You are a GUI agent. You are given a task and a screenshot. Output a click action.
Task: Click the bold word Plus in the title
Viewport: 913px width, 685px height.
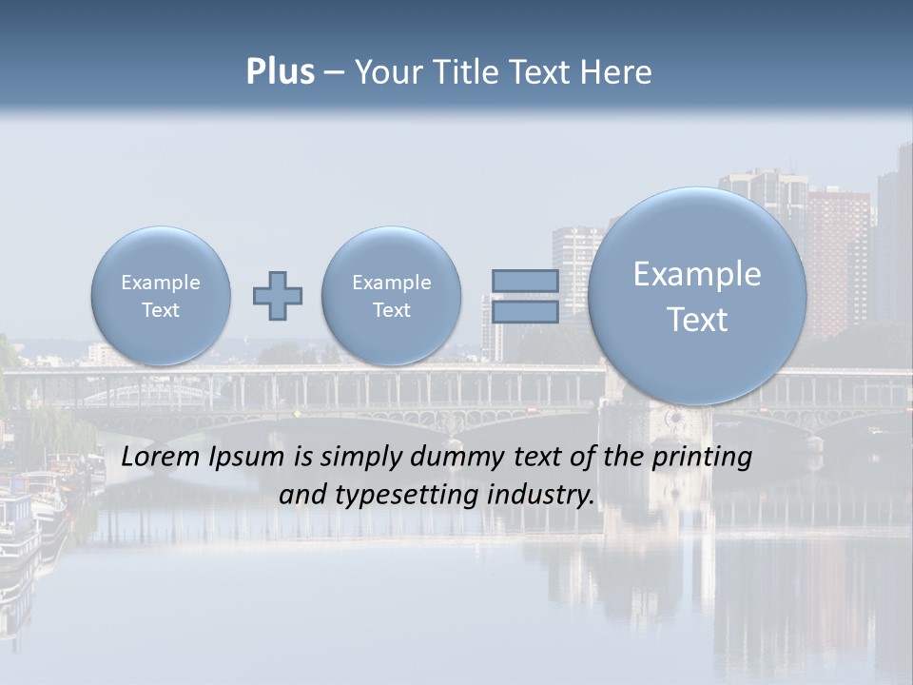pos(280,72)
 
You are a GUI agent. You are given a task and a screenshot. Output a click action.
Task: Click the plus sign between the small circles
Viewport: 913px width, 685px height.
pos(278,296)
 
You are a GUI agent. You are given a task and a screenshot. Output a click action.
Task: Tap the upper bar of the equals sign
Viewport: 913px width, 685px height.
pos(525,281)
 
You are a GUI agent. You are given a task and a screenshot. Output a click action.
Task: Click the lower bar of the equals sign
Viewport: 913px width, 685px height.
pos(525,312)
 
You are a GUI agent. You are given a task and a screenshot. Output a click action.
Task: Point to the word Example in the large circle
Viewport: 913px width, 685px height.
pos(697,274)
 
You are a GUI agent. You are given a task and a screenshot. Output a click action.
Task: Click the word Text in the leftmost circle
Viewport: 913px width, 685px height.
pos(161,310)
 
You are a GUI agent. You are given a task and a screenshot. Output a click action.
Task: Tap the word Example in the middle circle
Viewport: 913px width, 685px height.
pos(392,283)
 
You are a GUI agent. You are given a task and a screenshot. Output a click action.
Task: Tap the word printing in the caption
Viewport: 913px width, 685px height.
pos(702,457)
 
